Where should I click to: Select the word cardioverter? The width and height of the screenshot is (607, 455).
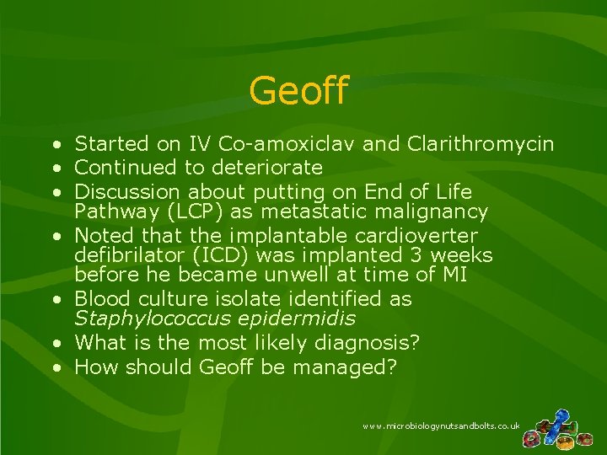pyautogui.click(x=410, y=235)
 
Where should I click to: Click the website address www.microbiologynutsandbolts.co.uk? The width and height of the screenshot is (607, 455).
pyautogui.click(x=441, y=427)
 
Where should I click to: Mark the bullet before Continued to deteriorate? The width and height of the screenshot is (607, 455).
pyautogui.click(x=54, y=168)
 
